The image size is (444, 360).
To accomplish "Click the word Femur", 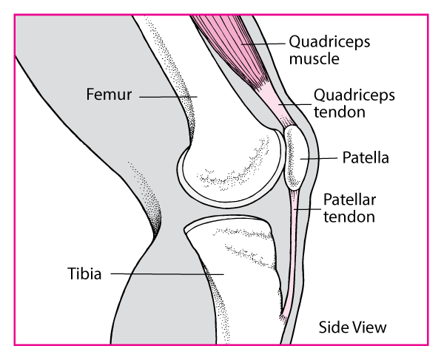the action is tap(109, 94).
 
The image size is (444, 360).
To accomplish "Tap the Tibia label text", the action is tap(84, 274).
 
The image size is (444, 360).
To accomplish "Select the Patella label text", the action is tap(366, 157).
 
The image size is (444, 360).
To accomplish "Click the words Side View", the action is tap(352, 327).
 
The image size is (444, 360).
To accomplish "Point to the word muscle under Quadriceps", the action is tap(314, 59).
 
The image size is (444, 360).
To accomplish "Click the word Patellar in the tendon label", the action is tap(350, 200).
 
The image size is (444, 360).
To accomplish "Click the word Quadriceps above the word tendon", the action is tap(354, 95).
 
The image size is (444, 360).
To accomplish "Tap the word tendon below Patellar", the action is tap(349, 217).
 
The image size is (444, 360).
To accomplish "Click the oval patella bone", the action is tap(296, 157).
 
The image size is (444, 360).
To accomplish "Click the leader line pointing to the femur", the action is tap(168, 97).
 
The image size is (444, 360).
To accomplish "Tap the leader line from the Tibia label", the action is tap(167, 274).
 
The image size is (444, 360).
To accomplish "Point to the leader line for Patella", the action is tap(319, 158).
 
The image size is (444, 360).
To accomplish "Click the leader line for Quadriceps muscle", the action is tap(263, 44).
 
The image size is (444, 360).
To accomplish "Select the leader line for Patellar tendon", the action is tap(308, 209).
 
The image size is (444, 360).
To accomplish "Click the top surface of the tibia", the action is tap(226, 219).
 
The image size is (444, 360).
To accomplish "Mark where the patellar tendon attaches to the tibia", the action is tap(284, 316).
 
